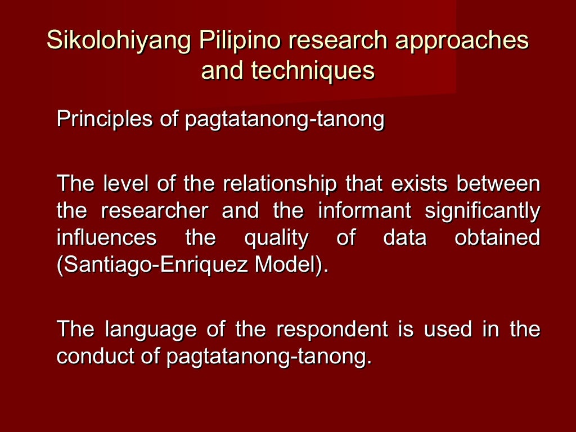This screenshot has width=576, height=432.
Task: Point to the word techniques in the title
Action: point(313,71)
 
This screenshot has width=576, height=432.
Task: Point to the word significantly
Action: point(483,211)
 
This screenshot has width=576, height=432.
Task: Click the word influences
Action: point(107,238)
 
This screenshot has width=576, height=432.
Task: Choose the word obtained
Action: point(497,238)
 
